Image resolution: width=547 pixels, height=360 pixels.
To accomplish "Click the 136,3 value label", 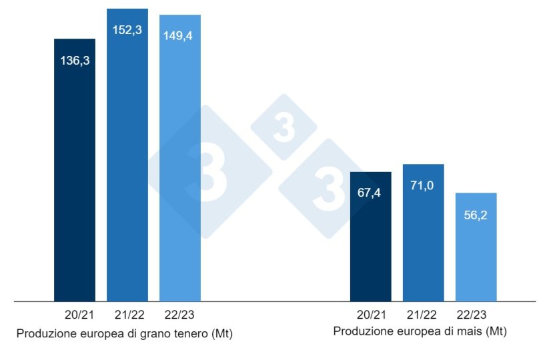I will [x=75, y=61].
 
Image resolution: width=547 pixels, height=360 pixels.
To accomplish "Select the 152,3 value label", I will [x=127, y=31].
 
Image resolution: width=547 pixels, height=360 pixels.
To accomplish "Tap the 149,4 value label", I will [x=180, y=36].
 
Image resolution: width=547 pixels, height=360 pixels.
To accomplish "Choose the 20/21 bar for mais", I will [x=370, y=247].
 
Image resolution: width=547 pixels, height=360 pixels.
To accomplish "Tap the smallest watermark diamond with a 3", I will [x=284, y=127].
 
